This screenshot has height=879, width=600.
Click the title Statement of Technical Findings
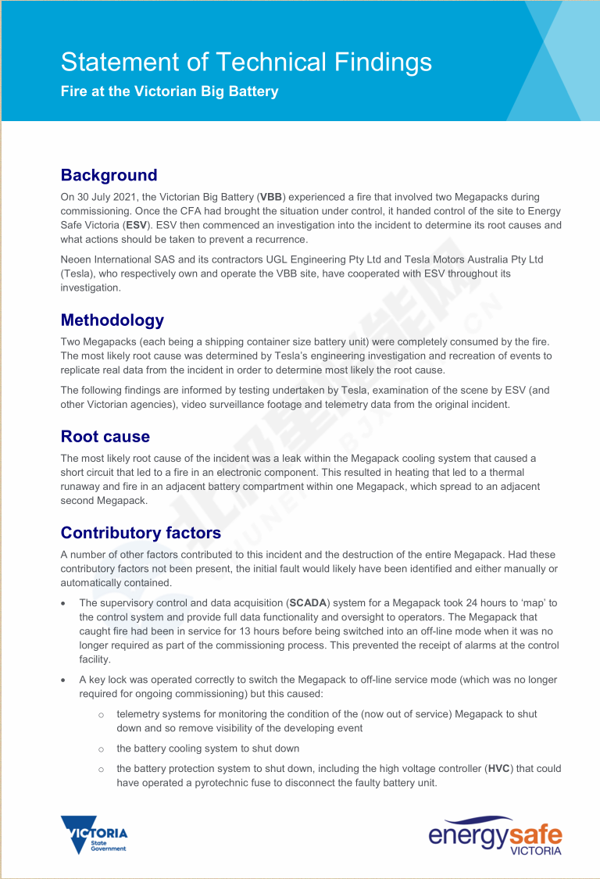point(246,62)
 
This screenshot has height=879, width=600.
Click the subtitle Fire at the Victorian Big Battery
point(170,91)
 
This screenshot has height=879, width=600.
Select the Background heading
point(109,175)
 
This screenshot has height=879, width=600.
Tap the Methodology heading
point(112,320)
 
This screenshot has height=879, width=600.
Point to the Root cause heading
point(105,436)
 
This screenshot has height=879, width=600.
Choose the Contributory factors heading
point(141,533)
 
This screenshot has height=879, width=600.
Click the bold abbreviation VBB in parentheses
point(271,198)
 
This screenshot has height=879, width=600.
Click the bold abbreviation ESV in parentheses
point(136,226)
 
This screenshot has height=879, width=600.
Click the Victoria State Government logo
point(94,834)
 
